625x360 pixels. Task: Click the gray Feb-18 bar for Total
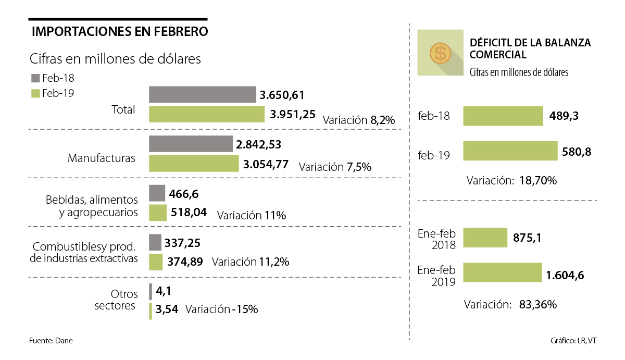(203, 94)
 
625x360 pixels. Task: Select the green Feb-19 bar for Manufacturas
(194, 164)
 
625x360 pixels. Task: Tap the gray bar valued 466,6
(157, 193)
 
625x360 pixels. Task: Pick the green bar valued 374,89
(155, 262)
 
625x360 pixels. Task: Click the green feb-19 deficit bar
(510, 152)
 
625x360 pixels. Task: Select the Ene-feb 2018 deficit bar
(485, 237)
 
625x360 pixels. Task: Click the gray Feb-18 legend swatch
(35, 78)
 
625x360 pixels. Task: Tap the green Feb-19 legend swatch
(35, 93)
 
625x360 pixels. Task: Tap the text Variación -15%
(221, 309)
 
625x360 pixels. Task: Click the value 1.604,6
(565, 275)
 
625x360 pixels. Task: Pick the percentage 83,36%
(538, 304)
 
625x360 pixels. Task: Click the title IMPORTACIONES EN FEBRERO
(120, 31)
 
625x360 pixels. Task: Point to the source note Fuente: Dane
(51, 341)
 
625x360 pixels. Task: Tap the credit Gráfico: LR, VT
(573, 341)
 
